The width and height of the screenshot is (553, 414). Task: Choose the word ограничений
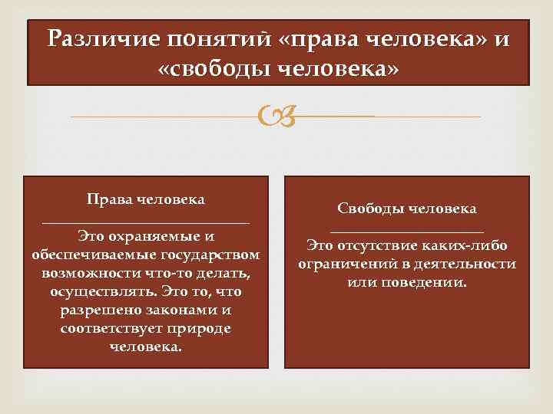pos(343,264)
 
